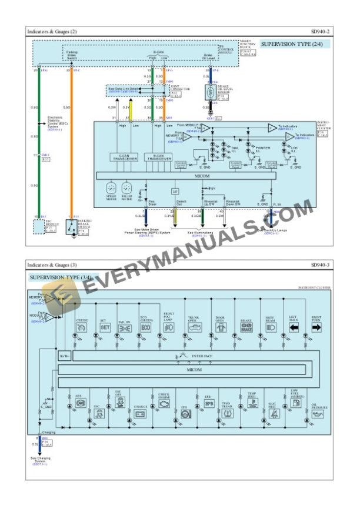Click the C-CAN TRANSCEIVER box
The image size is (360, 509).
(x=125, y=158)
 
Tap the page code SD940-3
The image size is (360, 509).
(x=321, y=266)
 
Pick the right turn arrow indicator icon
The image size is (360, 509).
(x=316, y=327)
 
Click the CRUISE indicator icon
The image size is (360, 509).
(x=82, y=327)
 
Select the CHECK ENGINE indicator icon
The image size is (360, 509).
(x=164, y=405)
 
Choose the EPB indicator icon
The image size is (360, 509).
(x=208, y=404)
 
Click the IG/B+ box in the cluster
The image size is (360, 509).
(x=64, y=357)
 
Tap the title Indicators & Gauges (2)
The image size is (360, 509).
(x=52, y=31)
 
